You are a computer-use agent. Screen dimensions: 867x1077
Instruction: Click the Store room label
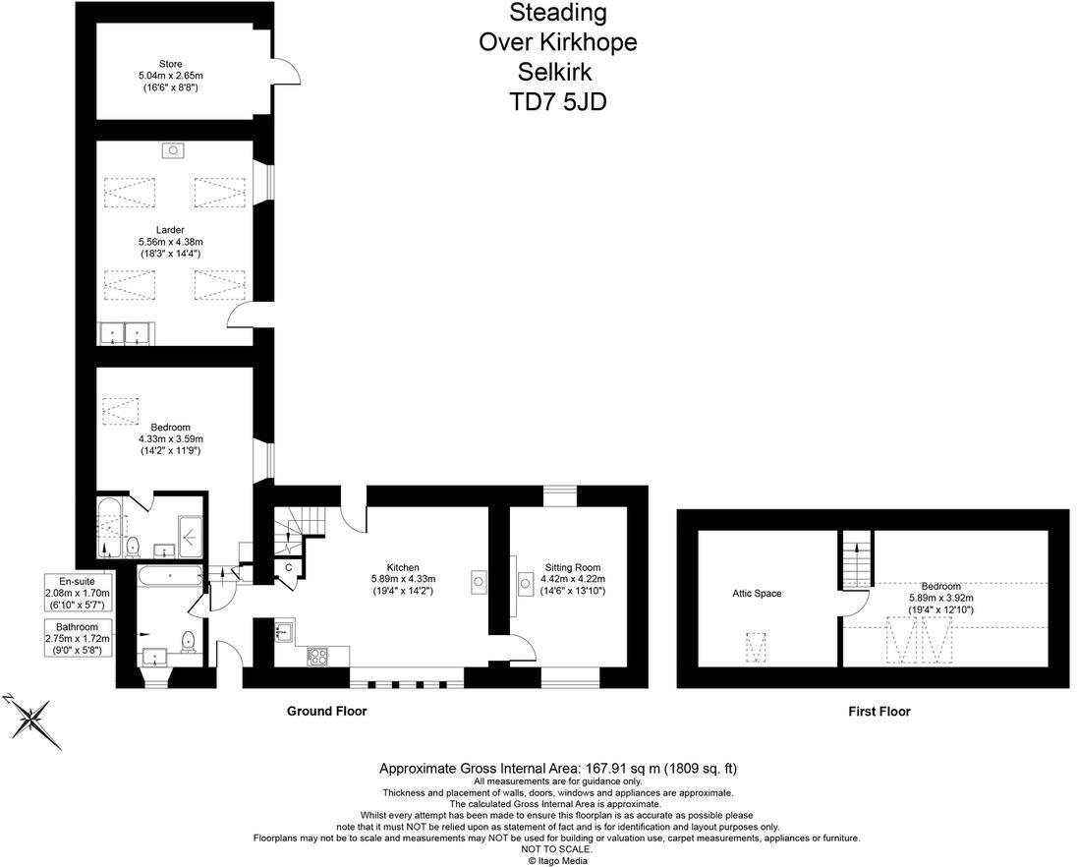click(171, 65)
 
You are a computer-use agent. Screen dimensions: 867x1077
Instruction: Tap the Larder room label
click(171, 230)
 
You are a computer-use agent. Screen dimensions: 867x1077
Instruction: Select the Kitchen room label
click(403, 568)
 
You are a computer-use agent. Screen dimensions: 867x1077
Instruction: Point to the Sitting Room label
click(573, 568)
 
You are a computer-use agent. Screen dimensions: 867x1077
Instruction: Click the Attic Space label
click(756, 594)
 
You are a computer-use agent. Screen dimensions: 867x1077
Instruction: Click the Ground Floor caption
click(326, 711)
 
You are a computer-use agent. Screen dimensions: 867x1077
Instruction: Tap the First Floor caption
click(879, 712)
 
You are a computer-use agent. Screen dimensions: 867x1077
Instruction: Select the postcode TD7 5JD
click(557, 101)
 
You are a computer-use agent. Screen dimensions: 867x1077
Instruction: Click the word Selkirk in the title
click(557, 72)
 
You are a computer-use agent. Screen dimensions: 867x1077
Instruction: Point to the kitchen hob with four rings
click(319, 656)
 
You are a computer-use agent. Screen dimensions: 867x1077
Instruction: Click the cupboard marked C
click(289, 567)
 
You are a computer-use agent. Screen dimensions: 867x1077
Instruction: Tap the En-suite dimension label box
click(79, 594)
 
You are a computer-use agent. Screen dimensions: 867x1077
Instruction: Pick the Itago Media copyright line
click(557, 860)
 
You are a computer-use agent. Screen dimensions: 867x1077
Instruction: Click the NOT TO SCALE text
click(557, 849)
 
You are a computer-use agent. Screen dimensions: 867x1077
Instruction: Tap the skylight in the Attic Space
click(756, 649)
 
